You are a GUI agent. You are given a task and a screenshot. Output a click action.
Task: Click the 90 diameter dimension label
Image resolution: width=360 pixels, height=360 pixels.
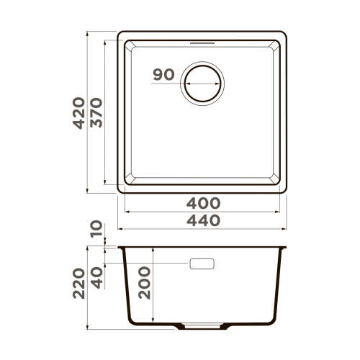pyautogui.click(x=164, y=74)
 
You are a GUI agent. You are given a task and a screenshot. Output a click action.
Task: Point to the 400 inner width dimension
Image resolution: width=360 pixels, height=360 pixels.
pyautogui.click(x=202, y=204)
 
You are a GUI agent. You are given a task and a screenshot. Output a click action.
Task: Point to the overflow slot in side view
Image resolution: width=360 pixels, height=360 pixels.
pyautogui.click(x=202, y=264)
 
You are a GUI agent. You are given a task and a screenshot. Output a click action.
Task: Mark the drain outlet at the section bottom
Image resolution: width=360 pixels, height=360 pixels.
pyautogui.click(x=202, y=325)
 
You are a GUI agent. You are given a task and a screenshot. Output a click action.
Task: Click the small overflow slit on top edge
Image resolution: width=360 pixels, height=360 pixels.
pyautogui.click(x=202, y=42)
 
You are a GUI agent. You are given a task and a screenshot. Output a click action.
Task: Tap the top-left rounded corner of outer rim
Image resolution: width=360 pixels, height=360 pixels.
pyautogui.click(x=121, y=35)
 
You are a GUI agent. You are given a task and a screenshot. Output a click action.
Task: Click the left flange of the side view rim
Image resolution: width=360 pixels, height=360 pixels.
pyautogui.click(x=120, y=247)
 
